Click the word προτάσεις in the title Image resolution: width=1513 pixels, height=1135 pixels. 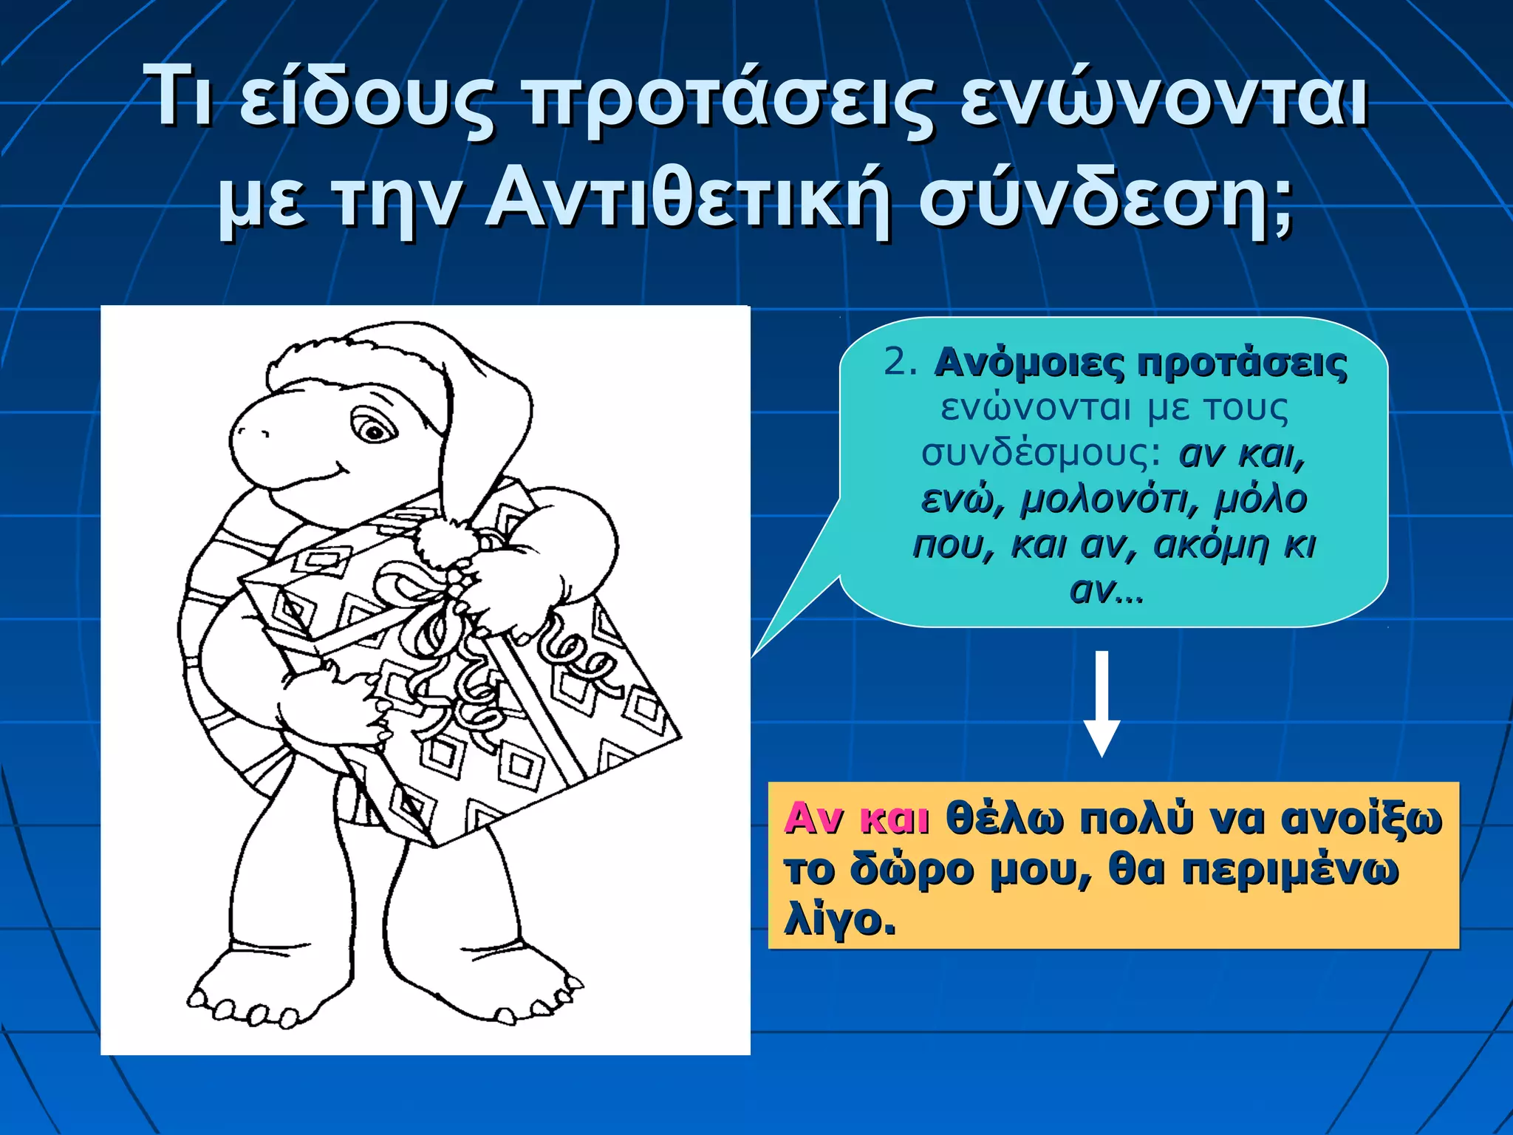tap(728, 100)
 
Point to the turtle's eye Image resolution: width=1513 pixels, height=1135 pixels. tap(372, 429)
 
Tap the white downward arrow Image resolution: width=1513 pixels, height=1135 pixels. tap(1102, 702)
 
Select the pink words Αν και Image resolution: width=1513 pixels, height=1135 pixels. tap(856, 819)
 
